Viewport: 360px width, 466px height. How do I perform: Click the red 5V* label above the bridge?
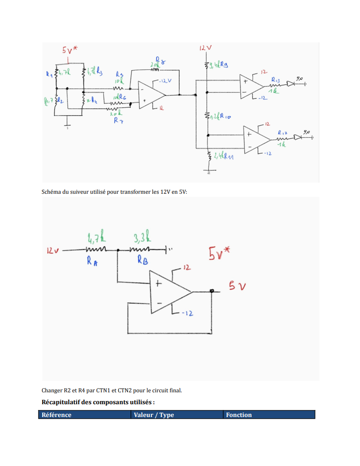[x=69, y=50]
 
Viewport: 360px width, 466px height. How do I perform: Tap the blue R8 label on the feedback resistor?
[x=161, y=61]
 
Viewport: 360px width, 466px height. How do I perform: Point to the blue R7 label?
[x=118, y=120]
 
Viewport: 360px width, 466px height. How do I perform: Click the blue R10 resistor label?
[x=225, y=116]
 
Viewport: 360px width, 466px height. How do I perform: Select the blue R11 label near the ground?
[x=228, y=157]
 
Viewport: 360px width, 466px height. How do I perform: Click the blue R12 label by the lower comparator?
[x=282, y=132]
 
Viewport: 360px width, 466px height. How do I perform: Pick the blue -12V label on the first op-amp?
[x=165, y=81]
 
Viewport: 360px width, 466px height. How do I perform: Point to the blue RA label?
[x=92, y=262]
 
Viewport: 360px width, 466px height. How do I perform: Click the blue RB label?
[x=142, y=261]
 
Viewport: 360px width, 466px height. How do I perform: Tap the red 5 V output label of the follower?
[x=237, y=286]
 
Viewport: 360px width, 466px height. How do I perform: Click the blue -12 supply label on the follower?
[x=188, y=313]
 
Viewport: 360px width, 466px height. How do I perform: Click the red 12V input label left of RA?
[x=53, y=251]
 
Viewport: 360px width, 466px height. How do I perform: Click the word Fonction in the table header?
[x=239, y=415]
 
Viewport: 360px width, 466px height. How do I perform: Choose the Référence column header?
[x=56, y=415]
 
